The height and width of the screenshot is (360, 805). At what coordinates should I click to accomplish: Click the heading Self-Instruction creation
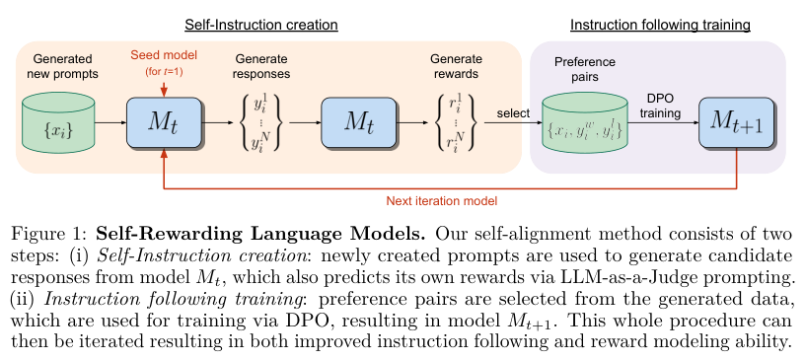[261, 25]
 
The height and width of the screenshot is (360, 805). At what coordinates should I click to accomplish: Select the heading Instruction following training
[660, 25]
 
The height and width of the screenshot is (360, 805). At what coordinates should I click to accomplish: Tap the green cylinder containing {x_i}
[58, 122]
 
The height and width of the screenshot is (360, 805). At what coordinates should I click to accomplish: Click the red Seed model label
[164, 54]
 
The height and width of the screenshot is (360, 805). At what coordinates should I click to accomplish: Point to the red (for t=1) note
[164, 71]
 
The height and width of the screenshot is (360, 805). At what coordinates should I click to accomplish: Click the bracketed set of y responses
[260, 123]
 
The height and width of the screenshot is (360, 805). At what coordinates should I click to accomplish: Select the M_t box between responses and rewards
[359, 122]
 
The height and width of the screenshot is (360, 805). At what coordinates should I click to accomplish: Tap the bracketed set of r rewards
[456, 123]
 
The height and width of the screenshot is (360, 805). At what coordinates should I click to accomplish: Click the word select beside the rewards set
[513, 113]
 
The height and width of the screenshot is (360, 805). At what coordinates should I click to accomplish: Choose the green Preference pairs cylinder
[585, 122]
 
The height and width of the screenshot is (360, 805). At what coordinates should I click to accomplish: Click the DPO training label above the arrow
[660, 107]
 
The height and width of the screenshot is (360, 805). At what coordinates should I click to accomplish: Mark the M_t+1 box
[737, 122]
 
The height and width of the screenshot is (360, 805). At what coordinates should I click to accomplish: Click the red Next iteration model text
[442, 201]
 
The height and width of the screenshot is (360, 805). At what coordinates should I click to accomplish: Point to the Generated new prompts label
[62, 66]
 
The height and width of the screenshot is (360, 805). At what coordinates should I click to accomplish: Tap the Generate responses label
[261, 66]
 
